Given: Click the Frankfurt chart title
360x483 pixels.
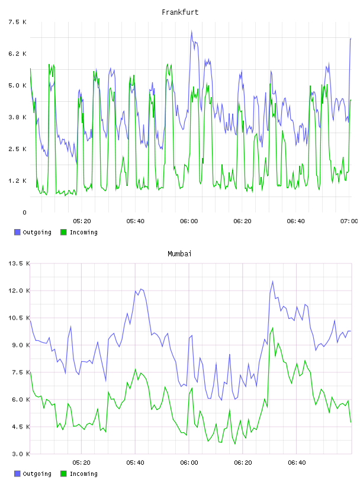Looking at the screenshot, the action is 180,12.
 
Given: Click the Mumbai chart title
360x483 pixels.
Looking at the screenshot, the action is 179,254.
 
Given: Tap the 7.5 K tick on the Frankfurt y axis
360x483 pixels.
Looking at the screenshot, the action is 17,22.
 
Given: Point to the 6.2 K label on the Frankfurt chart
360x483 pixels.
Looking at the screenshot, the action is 17,54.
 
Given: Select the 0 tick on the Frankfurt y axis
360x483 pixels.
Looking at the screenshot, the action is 24,212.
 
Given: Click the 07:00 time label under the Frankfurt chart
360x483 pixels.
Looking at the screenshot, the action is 349,221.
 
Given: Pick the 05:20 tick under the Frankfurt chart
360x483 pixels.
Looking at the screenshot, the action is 82,221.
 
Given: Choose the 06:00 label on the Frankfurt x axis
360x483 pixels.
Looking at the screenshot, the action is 189,221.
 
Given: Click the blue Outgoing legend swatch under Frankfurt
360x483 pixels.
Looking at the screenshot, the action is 17,232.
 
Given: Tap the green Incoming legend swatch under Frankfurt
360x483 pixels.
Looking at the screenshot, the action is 63,232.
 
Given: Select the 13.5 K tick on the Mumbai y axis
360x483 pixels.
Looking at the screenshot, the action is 19,263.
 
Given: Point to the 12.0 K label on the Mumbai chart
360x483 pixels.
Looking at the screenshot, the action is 19,291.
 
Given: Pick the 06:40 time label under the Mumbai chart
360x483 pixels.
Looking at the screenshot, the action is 297,463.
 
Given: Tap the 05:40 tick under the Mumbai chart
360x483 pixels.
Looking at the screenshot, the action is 135,463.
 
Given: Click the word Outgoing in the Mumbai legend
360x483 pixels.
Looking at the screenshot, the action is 37,474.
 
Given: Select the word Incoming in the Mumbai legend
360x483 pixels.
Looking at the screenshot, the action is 83,474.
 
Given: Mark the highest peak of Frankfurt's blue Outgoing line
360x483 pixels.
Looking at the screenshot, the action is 191,31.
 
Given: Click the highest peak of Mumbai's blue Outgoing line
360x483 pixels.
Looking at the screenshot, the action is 272,281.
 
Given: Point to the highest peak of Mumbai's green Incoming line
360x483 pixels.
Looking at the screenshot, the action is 272,328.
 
